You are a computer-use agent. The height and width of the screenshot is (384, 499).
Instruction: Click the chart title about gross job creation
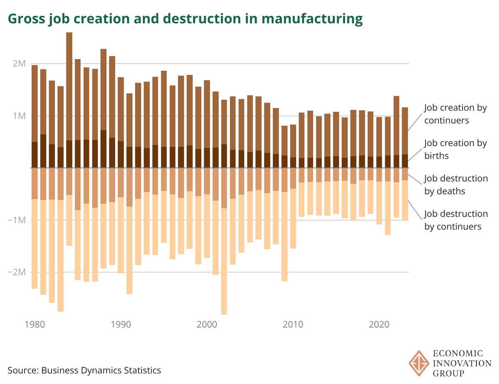(185, 19)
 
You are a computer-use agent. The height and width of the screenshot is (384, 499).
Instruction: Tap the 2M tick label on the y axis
(19, 64)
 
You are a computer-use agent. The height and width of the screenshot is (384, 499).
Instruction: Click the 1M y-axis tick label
(19, 116)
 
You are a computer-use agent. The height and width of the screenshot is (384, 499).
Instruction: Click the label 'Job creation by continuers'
(455, 114)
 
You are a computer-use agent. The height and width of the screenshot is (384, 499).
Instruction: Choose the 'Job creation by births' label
(455, 149)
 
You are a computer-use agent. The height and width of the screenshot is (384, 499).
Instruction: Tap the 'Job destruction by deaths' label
(456, 185)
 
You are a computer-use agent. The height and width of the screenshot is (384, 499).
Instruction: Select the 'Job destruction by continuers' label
(456, 220)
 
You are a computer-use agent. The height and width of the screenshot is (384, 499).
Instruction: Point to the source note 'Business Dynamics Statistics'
(84, 370)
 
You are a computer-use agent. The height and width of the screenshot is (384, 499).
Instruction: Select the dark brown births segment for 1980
(35, 155)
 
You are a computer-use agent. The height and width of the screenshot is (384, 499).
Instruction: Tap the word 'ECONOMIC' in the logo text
(459, 354)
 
